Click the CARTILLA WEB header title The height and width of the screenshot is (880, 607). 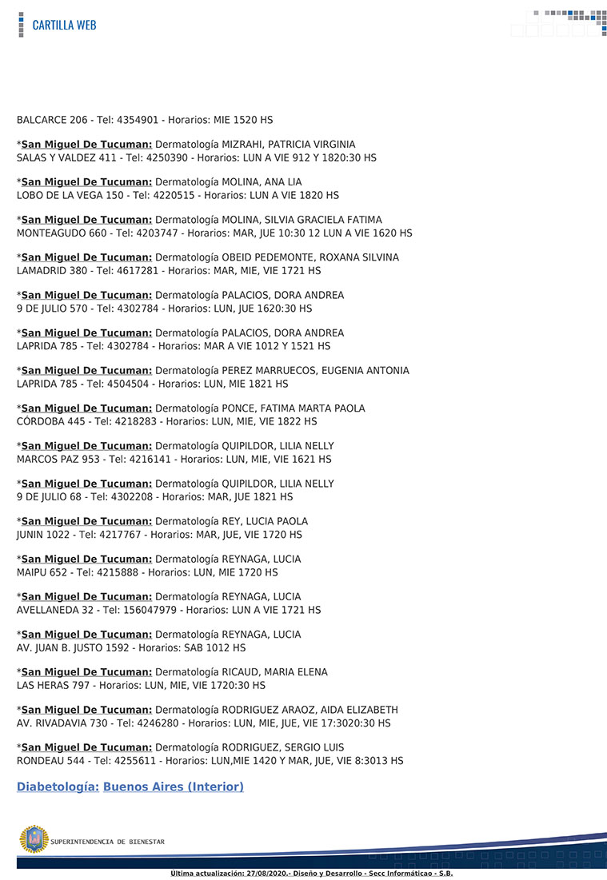click(64, 25)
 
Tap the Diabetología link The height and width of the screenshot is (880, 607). click(58, 787)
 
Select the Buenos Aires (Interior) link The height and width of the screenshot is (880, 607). click(174, 787)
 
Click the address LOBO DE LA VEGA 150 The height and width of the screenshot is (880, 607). click(67, 195)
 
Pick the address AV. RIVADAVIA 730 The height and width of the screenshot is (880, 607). click(61, 723)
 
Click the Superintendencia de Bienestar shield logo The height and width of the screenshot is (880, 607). click(34, 839)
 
